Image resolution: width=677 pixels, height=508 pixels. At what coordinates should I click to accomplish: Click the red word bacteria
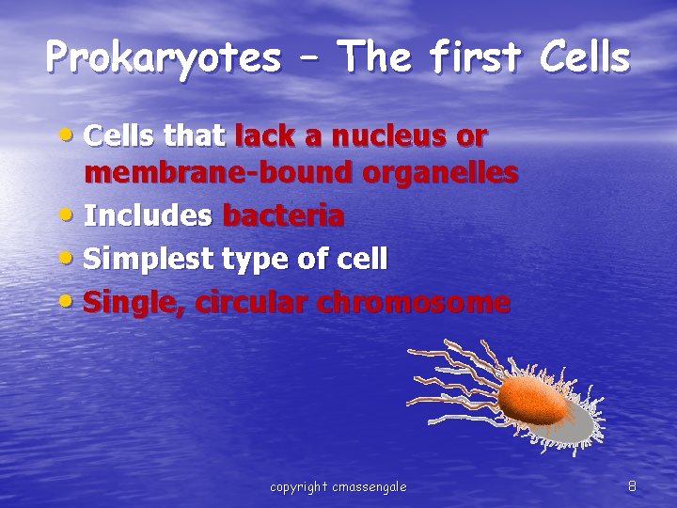(x=283, y=216)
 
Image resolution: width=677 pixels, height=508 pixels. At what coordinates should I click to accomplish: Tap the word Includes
(x=148, y=216)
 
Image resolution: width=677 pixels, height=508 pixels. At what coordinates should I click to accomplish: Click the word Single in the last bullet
(x=126, y=303)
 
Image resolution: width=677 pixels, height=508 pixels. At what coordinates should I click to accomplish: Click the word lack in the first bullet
(x=265, y=137)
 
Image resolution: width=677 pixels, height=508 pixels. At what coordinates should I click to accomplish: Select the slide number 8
(x=632, y=486)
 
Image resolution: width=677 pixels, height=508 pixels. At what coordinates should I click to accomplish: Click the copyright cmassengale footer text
(x=338, y=486)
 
